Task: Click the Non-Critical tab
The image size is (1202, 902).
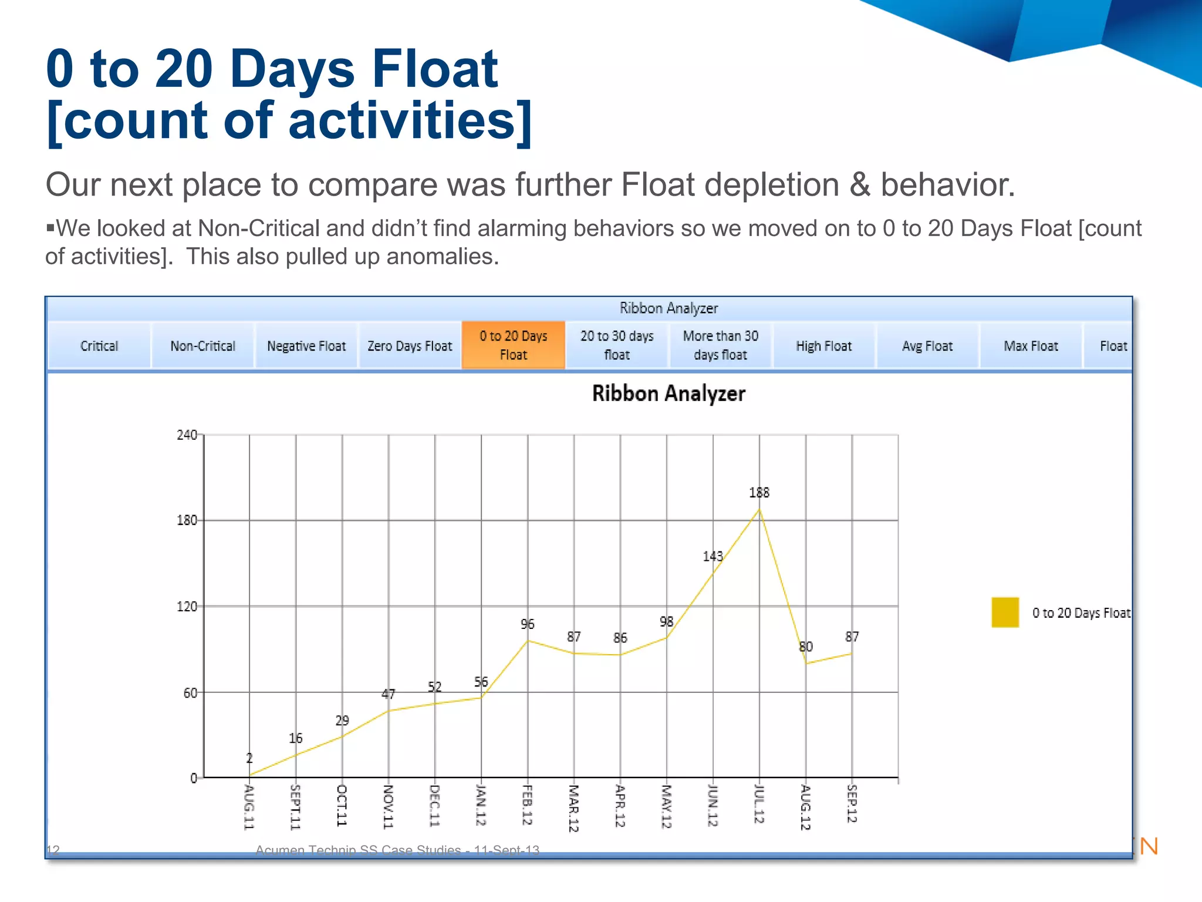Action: pyautogui.click(x=202, y=346)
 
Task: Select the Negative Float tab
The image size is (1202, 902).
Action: pyautogui.click(x=306, y=346)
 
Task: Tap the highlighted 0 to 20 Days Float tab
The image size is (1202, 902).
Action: pyautogui.click(x=514, y=345)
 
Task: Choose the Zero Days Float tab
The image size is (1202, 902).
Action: pyautogui.click(x=410, y=346)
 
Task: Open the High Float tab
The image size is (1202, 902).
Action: pyautogui.click(x=823, y=346)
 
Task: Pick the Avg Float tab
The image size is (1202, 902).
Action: pyautogui.click(x=927, y=346)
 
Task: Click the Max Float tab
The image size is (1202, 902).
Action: pyautogui.click(x=1031, y=346)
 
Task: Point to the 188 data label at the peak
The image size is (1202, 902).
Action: pyautogui.click(x=759, y=493)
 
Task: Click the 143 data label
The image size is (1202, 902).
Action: pyautogui.click(x=713, y=556)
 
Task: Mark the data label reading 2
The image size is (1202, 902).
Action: pyautogui.click(x=249, y=758)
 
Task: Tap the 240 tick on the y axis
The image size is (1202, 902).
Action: pyautogui.click(x=187, y=435)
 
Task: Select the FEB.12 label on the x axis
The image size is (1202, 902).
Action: pyautogui.click(x=527, y=804)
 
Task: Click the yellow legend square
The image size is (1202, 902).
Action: pyautogui.click(x=1005, y=612)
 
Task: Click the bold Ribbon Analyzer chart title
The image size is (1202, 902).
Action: pyautogui.click(x=668, y=393)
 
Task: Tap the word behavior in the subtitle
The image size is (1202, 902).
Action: pyautogui.click(x=947, y=184)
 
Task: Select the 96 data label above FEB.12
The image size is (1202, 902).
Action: pyautogui.click(x=527, y=624)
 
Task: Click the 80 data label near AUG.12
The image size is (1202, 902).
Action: pyautogui.click(x=806, y=647)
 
